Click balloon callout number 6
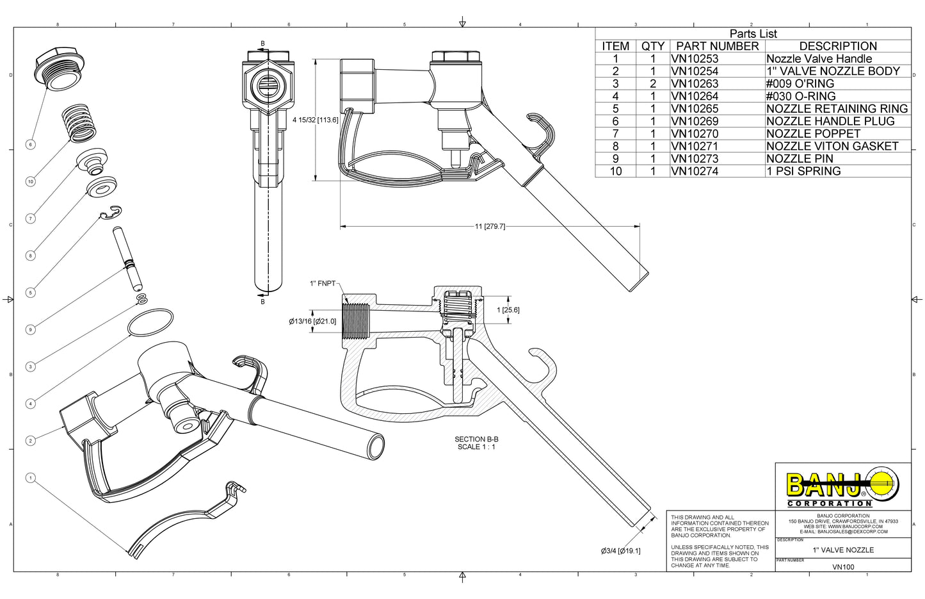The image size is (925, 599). click(30, 145)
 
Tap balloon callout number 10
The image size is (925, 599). click(30, 182)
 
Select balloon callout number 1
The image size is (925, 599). click(30, 478)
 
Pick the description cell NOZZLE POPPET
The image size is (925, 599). click(813, 134)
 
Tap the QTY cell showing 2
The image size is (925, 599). click(653, 84)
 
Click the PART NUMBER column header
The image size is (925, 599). click(717, 46)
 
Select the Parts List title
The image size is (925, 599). click(753, 34)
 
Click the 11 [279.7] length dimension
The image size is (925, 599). click(490, 226)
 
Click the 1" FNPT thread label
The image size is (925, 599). click(322, 283)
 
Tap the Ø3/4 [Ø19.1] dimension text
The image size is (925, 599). click(620, 551)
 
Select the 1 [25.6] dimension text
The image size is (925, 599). click(508, 310)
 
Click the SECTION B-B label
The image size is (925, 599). click(476, 439)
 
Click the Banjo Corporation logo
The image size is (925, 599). click(842, 486)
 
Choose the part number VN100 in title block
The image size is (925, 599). click(843, 567)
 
